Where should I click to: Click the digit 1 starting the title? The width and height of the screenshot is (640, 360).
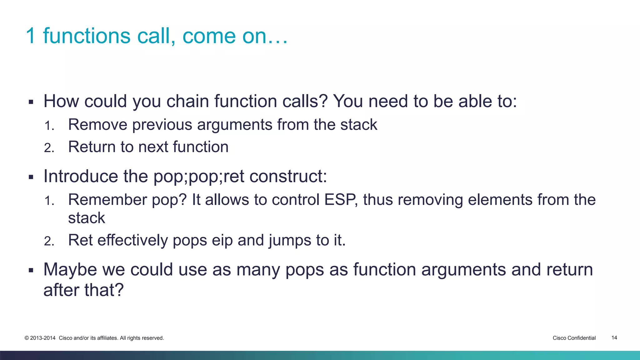tap(31, 36)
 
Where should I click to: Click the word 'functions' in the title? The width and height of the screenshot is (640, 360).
tap(87, 36)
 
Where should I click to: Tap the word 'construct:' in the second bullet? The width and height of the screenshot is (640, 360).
tap(288, 176)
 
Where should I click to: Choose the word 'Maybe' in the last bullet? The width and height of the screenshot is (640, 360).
tap(70, 269)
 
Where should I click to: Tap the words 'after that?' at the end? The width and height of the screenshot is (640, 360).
tap(83, 290)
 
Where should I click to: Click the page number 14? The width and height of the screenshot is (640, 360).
tap(614, 337)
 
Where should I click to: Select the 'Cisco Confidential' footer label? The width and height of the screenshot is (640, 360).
tap(574, 338)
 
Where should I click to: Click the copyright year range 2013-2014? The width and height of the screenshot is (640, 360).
tap(42, 338)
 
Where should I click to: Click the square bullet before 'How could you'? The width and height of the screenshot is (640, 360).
tap(31, 102)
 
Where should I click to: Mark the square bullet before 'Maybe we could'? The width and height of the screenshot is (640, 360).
tap(31, 270)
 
